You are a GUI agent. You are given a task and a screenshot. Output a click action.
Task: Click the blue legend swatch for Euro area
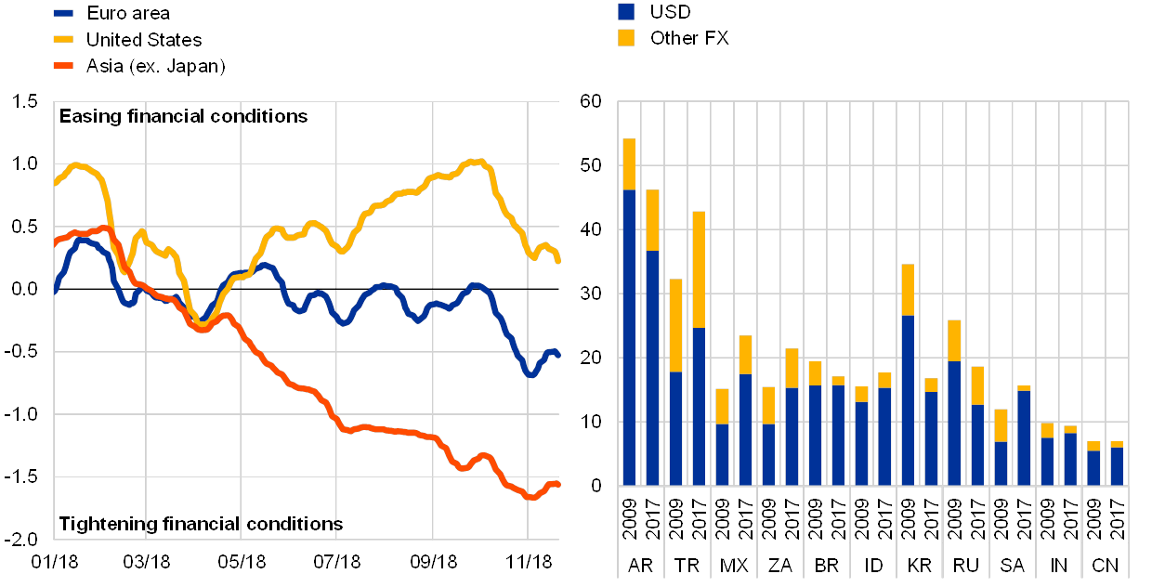pos(63,13)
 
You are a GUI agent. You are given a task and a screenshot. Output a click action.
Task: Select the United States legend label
pos(143,40)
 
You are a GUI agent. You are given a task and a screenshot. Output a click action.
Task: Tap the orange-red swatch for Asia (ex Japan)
pos(63,66)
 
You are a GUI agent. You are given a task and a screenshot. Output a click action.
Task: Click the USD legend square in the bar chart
pos(626,11)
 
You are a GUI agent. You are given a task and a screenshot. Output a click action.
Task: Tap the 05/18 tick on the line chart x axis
pos(242,563)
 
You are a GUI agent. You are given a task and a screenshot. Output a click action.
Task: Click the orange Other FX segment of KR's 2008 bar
pos(908,290)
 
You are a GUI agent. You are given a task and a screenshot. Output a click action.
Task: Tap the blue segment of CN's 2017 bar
pos(1117,465)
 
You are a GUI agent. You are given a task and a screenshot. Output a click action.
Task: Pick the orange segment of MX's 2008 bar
pos(722,406)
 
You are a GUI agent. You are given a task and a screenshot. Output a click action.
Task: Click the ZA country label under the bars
pos(780,566)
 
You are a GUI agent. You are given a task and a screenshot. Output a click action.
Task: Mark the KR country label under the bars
pos(920,566)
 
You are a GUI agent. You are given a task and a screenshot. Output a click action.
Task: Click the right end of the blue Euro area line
pos(557,355)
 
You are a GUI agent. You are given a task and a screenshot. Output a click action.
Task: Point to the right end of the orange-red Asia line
pos(557,484)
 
